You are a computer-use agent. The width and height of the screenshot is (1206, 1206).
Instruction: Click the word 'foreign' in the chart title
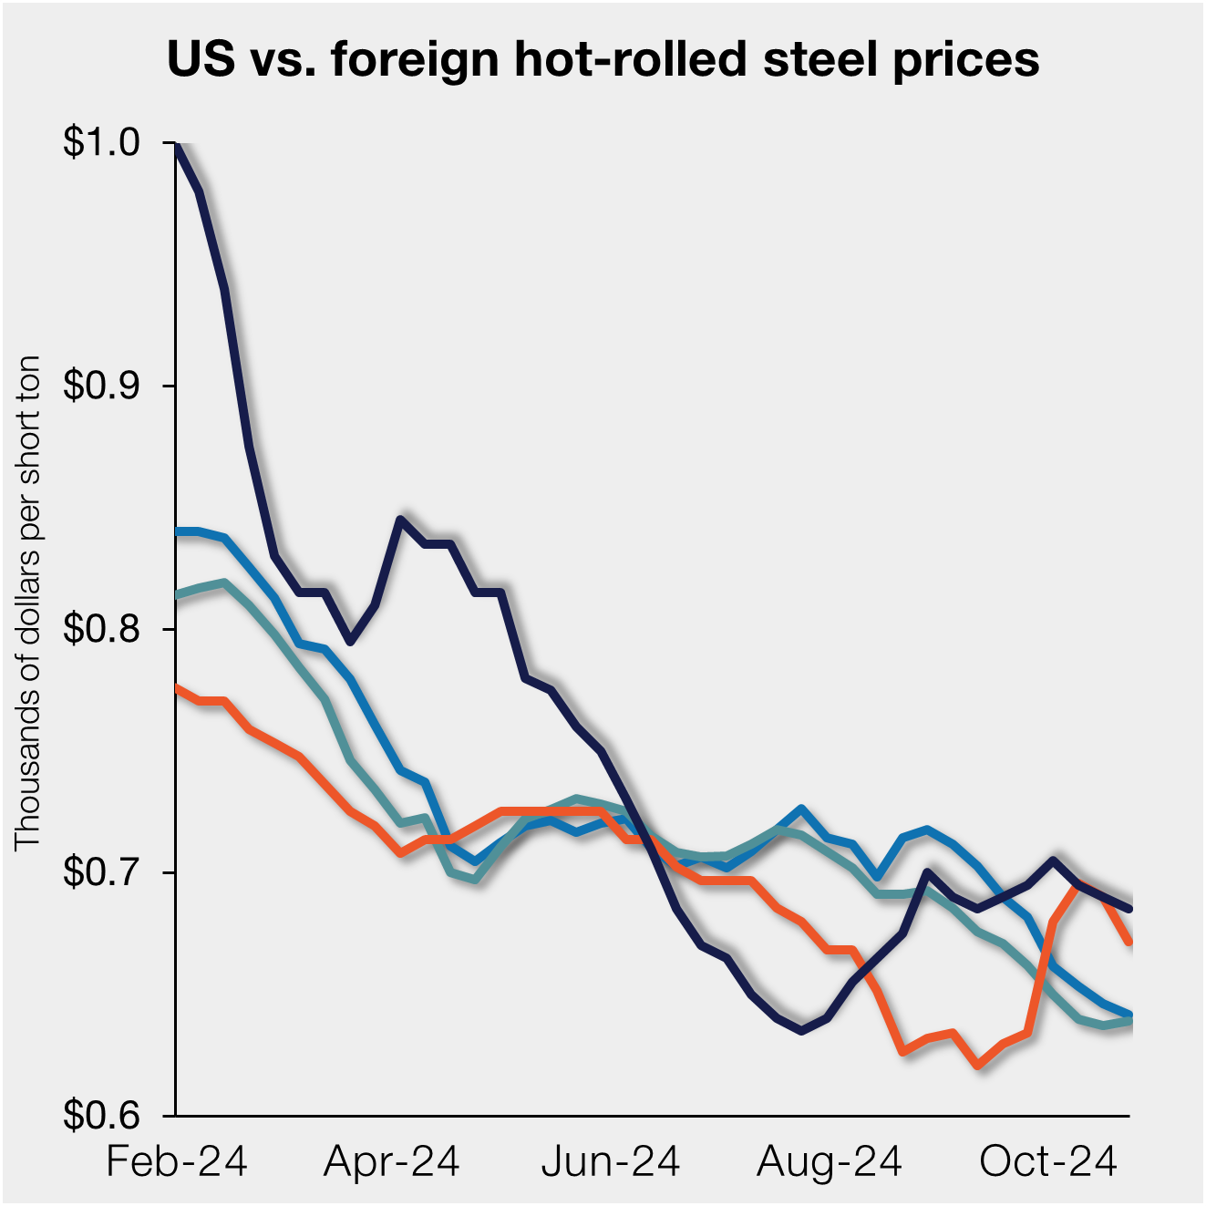click(x=415, y=61)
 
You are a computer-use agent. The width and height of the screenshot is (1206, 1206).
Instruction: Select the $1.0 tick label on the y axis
click(x=100, y=142)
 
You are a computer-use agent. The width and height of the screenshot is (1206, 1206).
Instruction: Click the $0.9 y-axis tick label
click(x=100, y=386)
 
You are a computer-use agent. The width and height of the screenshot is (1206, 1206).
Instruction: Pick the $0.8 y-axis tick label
click(x=100, y=629)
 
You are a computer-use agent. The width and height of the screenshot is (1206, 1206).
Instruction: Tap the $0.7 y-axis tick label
click(x=100, y=872)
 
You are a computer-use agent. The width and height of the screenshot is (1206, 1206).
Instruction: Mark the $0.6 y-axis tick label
click(x=100, y=1115)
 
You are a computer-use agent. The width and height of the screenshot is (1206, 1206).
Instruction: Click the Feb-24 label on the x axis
click(x=177, y=1162)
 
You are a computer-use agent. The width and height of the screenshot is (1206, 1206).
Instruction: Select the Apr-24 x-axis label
click(x=392, y=1162)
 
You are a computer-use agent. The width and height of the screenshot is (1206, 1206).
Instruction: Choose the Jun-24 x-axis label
click(x=611, y=1162)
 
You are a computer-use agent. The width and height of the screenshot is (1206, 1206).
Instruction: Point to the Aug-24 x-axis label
click(x=830, y=1162)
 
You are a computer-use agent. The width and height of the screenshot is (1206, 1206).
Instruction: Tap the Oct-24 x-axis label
click(x=1048, y=1162)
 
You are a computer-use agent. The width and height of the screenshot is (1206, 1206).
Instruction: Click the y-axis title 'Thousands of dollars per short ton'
click(x=28, y=602)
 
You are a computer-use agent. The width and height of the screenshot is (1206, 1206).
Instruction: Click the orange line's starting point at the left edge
click(x=176, y=687)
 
